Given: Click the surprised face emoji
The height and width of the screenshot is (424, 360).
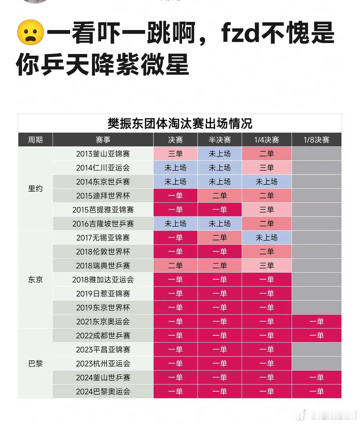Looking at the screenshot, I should pyautogui.click(x=30, y=32).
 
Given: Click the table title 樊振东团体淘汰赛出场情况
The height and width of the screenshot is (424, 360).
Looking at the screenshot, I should pyautogui.click(x=180, y=124).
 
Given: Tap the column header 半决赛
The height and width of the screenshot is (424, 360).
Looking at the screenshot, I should pyautogui.click(x=219, y=140).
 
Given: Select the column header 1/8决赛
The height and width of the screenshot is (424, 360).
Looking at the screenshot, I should pyautogui.click(x=316, y=140).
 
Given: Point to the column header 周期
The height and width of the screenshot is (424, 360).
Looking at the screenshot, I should pyautogui.click(x=35, y=140).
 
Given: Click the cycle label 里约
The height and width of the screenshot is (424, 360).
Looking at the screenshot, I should pyautogui.click(x=35, y=189).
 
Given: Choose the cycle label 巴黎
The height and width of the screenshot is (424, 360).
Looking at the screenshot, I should pyautogui.click(x=35, y=364).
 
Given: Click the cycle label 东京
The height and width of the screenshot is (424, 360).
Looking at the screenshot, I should pyautogui.click(x=35, y=280).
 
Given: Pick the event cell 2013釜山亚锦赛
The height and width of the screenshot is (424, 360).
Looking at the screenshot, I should pyautogui.click(x=103, y=154).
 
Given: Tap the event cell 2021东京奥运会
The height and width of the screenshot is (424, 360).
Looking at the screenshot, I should pyautogui.click(x=103, y=322).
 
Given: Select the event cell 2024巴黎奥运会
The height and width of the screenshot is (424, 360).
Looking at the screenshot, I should pyautogui.click(x=103, y=392).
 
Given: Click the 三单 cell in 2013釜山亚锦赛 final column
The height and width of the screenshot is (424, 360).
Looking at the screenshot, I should pyautogui.click(x=175, y=154).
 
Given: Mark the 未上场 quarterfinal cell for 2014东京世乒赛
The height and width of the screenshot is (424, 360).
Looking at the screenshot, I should pyautogui.click(x=266, y=182).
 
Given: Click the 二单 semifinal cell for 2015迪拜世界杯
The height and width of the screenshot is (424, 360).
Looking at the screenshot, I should pyautogui.click(x=219, y=196).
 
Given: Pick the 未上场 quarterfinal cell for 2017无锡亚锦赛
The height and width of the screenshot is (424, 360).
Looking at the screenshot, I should pyautogui.click(x=266, y=238).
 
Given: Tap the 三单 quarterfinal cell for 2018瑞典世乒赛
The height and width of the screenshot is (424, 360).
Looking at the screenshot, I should pyautogui.click(x=266, y=266).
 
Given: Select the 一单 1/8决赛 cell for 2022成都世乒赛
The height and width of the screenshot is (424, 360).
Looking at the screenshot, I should pyautogui.click(x=316, y=336).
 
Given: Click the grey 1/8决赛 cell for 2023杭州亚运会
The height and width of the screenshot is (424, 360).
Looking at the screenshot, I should pyautogui.click(x=316, y=364).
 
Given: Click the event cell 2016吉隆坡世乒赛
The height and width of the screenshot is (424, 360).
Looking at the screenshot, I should pyautogui.click(x=103, y=224).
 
